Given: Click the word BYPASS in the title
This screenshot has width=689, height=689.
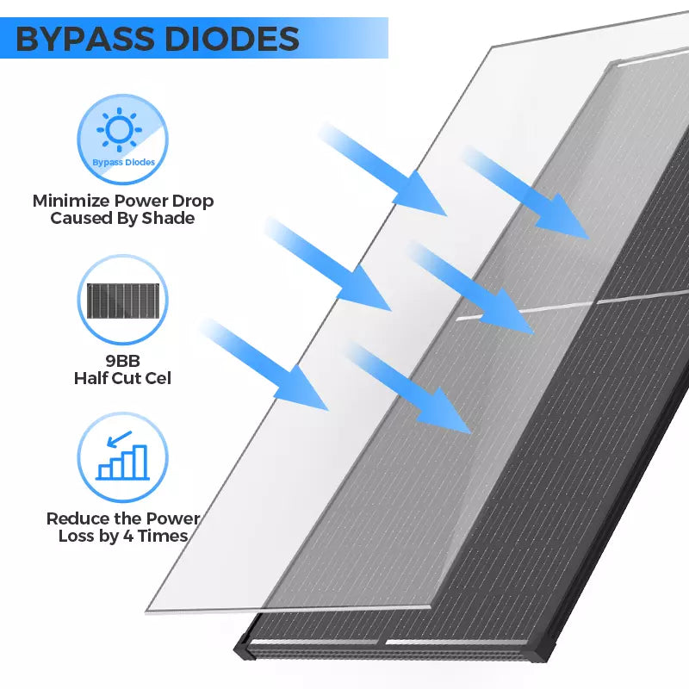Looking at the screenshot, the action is [85, 39].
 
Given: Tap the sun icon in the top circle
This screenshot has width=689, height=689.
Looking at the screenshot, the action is [120, 130].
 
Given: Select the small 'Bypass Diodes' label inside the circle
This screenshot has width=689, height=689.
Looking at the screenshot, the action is [123, 162].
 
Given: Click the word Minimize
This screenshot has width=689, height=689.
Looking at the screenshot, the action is [71, 201].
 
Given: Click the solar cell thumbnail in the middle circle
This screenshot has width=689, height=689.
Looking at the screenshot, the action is [123, 301].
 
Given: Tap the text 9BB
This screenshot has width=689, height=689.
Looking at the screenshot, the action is [122, 361].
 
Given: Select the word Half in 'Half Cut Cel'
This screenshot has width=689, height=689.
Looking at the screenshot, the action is [90, 378].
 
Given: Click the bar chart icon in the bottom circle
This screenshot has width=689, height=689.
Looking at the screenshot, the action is [122, 462].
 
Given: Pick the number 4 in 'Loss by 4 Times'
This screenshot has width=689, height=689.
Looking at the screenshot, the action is [127, 537].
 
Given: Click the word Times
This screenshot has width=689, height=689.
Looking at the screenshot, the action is [163, 536].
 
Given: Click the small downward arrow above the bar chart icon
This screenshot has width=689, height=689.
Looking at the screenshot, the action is [119, 439].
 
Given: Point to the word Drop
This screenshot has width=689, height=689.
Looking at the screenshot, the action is [192, 202].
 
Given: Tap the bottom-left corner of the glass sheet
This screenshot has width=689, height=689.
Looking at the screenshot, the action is [146, 611].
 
